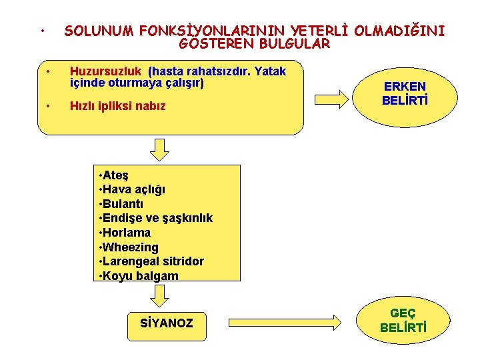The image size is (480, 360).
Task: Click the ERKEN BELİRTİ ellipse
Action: coord(405,94)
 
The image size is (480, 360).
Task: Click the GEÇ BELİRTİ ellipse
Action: coord(403,321)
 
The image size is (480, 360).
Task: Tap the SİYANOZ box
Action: coord(167,323)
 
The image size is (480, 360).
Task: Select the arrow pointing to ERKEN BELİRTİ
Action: coord(337,94)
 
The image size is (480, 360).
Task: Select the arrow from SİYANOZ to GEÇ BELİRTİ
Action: coord(290,323)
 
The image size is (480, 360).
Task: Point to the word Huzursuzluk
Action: coord(107,71)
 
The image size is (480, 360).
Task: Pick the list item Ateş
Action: coord(115,175)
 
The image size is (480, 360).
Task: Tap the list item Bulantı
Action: coord(122,204)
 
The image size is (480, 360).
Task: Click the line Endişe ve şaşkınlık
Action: coord(157,219)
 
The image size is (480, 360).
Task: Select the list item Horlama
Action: coord(126,233)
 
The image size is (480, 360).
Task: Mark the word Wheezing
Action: coord(130,247)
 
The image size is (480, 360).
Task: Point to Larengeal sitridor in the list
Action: coord(153,261)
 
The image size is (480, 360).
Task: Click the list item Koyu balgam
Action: coord(140,276)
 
